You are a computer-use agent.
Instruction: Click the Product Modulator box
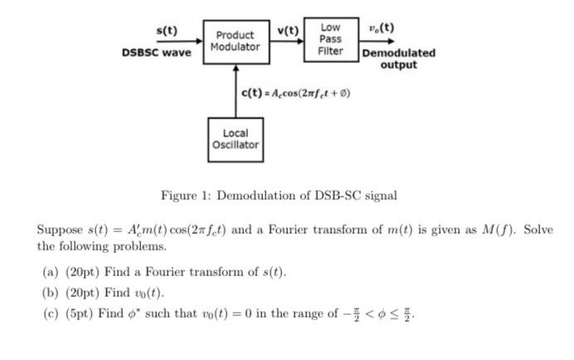[235, 41]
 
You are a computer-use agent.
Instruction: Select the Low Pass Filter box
[330, 39]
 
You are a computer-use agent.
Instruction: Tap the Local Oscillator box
[235, 139]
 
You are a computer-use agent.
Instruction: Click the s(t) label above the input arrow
[168, 31]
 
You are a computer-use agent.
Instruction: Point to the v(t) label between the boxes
[289, 31]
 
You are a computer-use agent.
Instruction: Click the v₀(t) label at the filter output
[381, 27]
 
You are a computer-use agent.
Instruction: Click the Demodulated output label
[398, 58]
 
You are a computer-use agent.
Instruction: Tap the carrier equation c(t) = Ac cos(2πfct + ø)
[295, 93]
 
